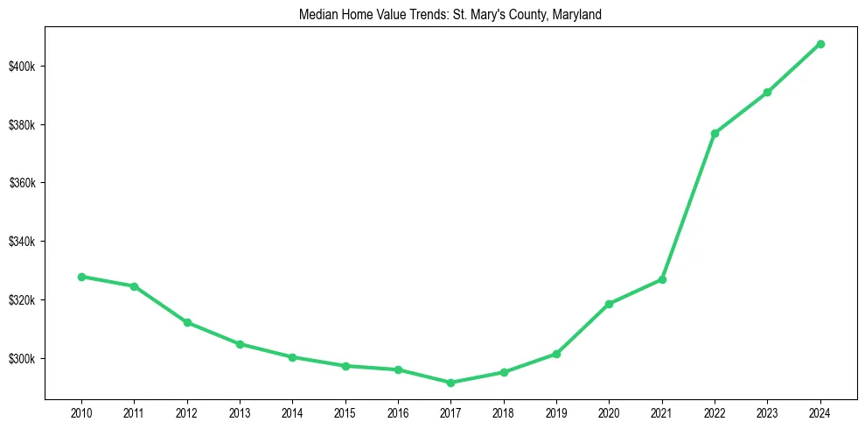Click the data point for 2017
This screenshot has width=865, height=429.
(x=450, y=383)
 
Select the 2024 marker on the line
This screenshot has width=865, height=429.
(x=820, y=44)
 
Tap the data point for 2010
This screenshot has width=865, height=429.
(x=81, y=277)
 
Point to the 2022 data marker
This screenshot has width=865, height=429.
(x=715, y=133)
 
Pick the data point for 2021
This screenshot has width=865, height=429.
(x=662, y=279)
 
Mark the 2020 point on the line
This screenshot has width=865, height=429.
(x=609, y=304)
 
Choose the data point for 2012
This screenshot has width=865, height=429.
(x=187, y=322)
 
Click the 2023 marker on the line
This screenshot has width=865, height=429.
(x=767, y=92)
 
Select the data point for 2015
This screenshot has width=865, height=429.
(x=345, y=366)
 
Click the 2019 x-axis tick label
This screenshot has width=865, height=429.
(x=556, y=411)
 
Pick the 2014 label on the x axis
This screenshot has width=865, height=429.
(x=292, y=411)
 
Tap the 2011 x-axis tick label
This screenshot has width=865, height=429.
(x=134, y=411)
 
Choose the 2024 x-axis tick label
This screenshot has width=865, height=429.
(x=820, y=411)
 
